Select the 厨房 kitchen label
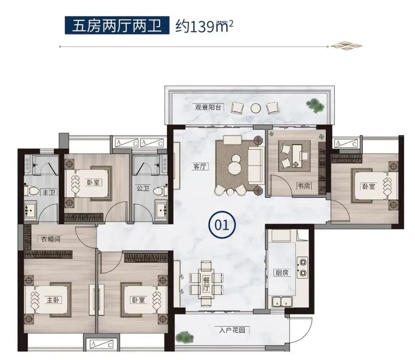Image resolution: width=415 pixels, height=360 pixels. [282, 273]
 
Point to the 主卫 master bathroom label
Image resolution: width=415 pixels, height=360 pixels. [49, 192]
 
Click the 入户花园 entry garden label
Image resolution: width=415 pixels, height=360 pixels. [232, 330]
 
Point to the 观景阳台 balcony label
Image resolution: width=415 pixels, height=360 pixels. [208, 108]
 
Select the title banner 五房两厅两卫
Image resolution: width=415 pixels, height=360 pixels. [117, 26]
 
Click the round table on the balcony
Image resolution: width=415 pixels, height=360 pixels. [256, 108]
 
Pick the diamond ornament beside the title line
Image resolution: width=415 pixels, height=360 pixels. [346, 46]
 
